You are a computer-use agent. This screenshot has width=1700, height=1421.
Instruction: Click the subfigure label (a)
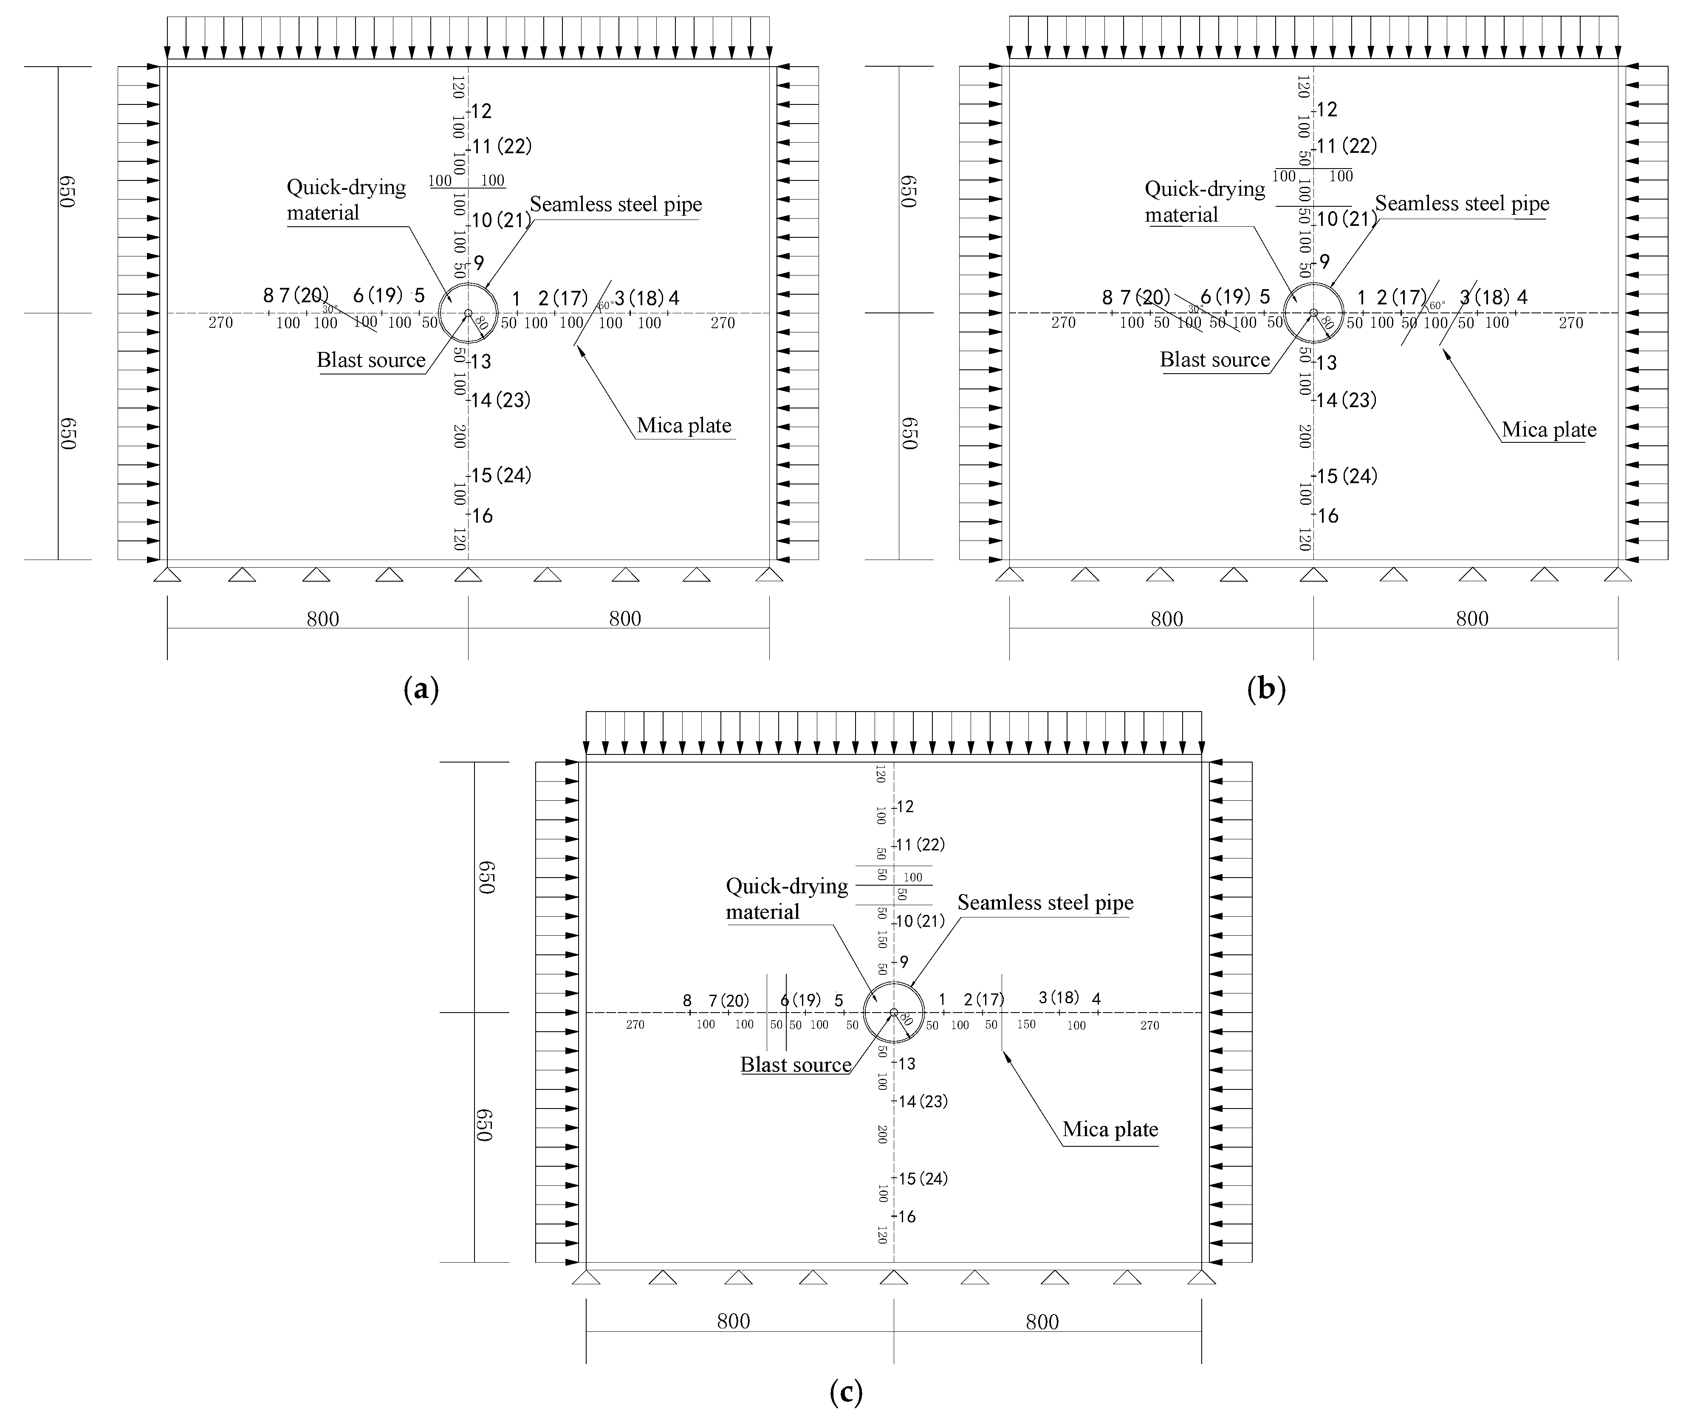[x=421, y=689]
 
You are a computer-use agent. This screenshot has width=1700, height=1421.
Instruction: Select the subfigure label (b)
[x=1267, y=689]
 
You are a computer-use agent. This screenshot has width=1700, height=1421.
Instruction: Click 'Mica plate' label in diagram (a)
[x=684, y=426]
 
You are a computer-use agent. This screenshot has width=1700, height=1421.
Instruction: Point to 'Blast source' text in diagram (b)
[x=1214, y=360]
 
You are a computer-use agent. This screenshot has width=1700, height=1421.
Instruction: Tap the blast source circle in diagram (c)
[x=894, y=1012]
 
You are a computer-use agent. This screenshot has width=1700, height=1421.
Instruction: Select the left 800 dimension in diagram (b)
[x=1166, y=619]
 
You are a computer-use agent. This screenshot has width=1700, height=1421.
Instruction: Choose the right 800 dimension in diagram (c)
[x=1042, y=1322]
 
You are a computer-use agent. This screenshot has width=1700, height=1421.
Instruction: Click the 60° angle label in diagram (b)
[x=1437, y=306]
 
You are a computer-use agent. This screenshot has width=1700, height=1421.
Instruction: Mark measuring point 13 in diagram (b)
[x=1326, y=363]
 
